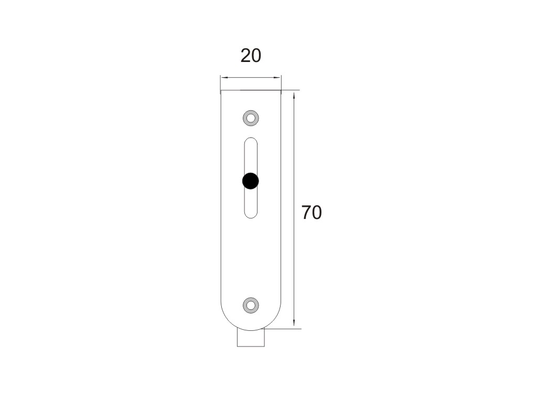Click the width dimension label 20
(251, 56)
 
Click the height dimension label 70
(312, 213)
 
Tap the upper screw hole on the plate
(251, 118)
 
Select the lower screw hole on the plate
(251, 305)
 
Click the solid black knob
(250, 181)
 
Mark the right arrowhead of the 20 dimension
(278, 78)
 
